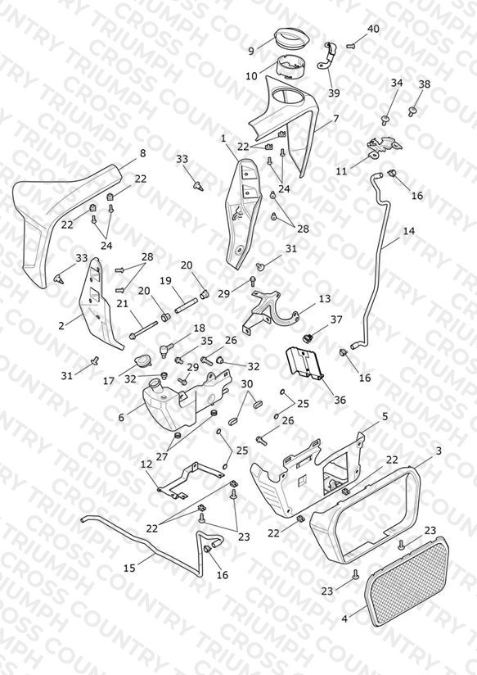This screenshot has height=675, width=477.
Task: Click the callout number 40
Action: coord(373,29)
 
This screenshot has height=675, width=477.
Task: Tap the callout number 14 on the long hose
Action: coord(408,231)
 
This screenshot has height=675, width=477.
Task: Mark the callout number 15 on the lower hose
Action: coord(129,568)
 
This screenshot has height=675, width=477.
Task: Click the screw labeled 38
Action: coord(412,112)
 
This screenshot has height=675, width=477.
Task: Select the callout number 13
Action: coord(325,298)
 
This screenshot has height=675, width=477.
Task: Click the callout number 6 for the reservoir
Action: coord(121,417)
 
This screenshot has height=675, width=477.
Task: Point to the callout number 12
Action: coord(146,464)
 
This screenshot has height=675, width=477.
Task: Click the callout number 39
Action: coord(334,93)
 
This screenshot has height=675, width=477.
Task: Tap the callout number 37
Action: coord(336,319)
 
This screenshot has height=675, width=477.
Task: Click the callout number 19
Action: coord(165,281)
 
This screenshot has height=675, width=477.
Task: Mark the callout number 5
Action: coord(385,416)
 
